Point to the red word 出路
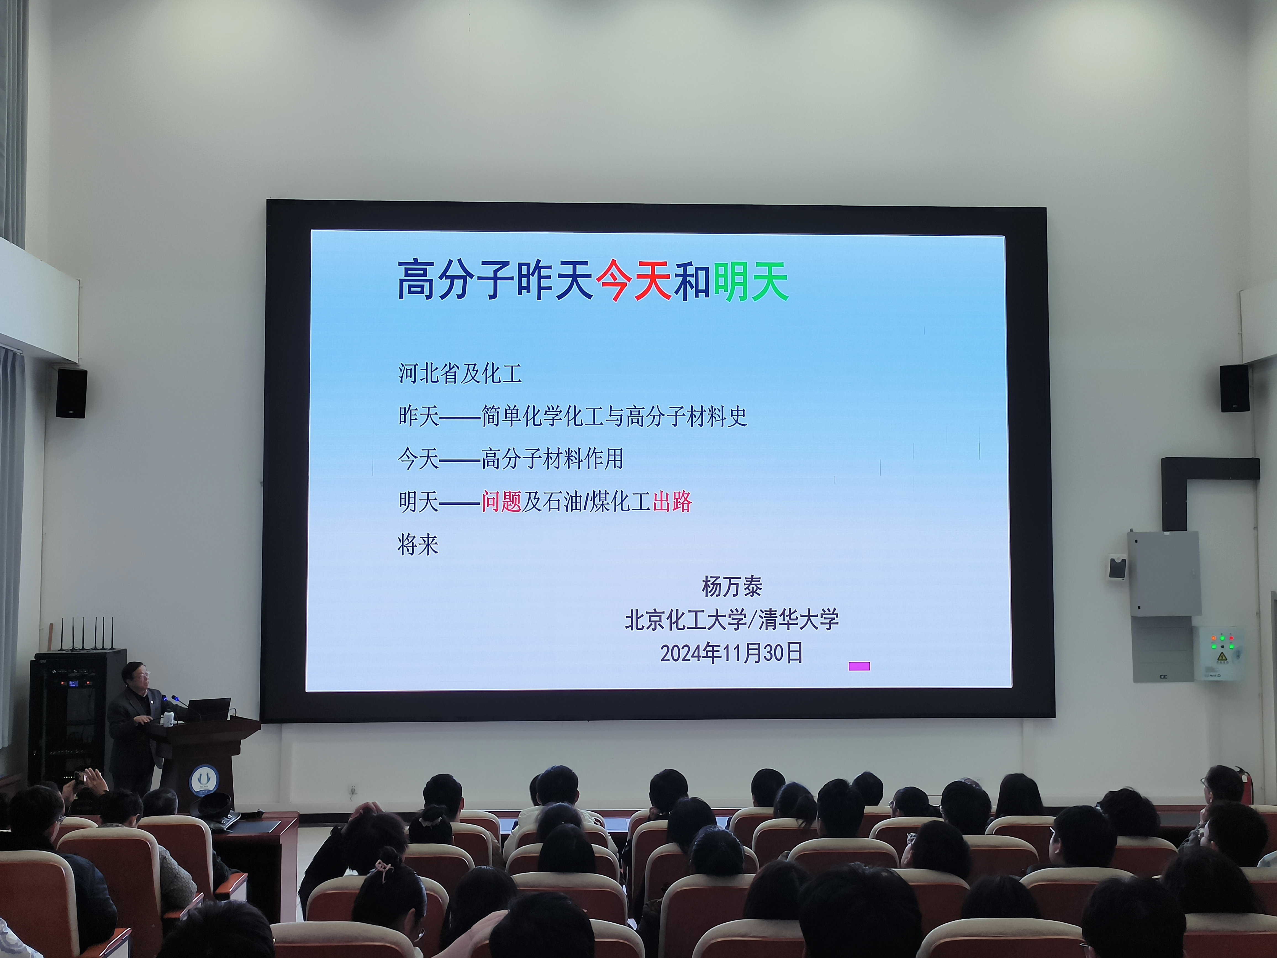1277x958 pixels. click(x=672, y=501)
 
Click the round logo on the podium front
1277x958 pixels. click(x=203, y=780)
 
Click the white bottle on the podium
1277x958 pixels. click(x=168, y=719)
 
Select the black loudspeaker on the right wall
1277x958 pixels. click(x=1235, y=388)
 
